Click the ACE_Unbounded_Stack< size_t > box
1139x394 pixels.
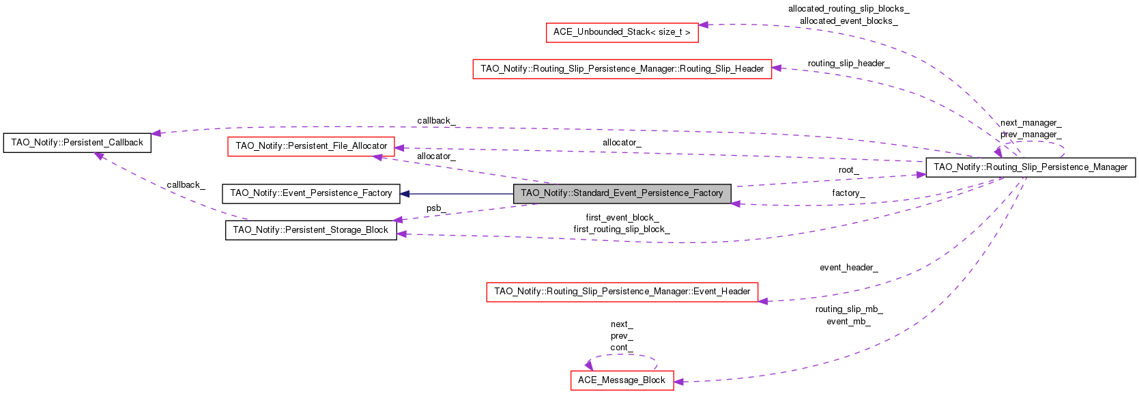click(x=622, y=33)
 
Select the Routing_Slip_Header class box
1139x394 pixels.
click(x=622, y=69)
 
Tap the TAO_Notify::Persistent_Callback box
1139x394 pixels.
click(x=77, y=143)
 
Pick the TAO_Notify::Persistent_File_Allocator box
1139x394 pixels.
click(x=311, y=146)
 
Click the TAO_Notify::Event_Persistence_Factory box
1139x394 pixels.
click(x=311, y=193)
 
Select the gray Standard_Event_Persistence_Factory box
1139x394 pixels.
click(x=622, y=193)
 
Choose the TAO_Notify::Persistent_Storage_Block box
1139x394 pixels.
click(x=311, y=230)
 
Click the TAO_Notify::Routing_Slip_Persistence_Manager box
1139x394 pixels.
click(x=1030, y=167)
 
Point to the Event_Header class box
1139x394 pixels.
click(x=622, y=292)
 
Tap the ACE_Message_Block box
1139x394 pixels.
click(x=622, y=380)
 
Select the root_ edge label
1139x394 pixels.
click(x=848, y=170)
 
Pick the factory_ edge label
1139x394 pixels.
click(x=848, y=193)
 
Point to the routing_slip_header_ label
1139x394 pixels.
click(x=848, y=64)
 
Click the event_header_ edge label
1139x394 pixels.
click(x=848, y=268)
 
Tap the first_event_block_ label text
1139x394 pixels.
click(x=622, y=218)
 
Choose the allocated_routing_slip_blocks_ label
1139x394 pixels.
click(x=848, y=9)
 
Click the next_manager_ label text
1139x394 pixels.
click(x=1030, y=123)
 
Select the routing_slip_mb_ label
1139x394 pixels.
click(x=848, y=309)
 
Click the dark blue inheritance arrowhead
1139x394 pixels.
click(x=405, y=194)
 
